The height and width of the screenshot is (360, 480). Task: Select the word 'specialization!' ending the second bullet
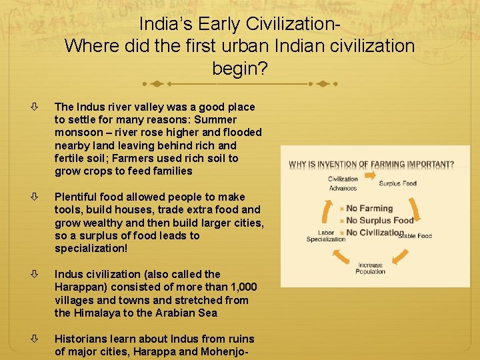(x=92, y=249)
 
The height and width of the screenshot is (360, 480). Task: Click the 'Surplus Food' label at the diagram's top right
(x=398, y=183)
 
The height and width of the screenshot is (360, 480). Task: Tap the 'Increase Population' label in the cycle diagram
(x=370, y=268)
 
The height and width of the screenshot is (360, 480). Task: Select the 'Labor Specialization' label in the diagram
(x=326, y=236)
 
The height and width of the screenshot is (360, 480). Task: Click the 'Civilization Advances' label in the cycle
(x=343, y=183)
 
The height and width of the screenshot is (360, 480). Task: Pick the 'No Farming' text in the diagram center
(x=369, y=209)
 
